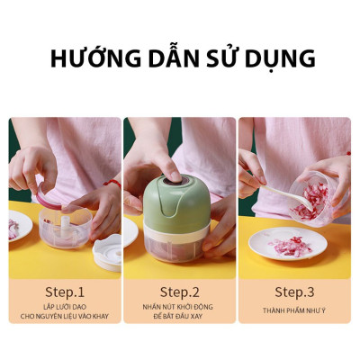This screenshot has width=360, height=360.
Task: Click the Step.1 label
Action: click(x=65, y=292)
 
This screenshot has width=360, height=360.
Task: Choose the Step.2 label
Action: click(x=180, y=292)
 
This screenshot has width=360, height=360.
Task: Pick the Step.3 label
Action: click(x=294, y=292)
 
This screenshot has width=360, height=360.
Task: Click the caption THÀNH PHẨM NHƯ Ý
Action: click(x=294, y=310)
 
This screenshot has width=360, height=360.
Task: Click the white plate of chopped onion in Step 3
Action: click(x=289, y=245)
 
